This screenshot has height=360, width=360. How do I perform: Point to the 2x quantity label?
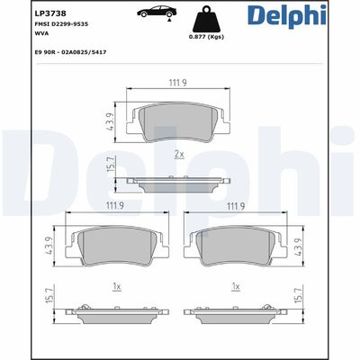coord(178,155)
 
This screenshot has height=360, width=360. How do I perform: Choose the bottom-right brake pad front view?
coord(237,247)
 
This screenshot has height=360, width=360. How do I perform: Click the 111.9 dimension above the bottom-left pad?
coord(114,206)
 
